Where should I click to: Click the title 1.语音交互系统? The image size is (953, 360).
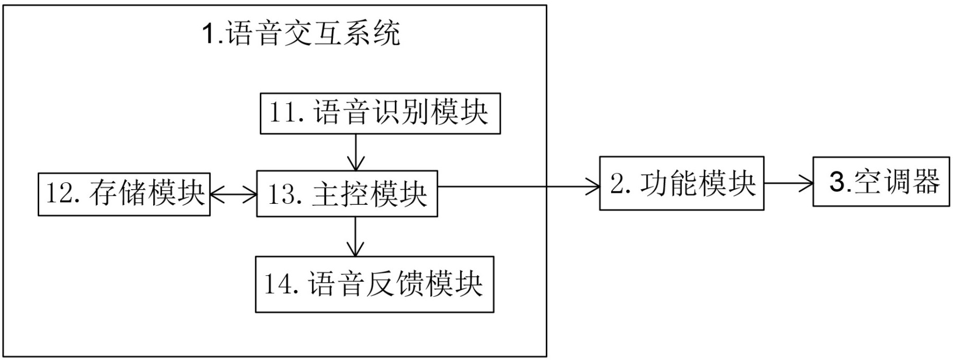tap(301, 33)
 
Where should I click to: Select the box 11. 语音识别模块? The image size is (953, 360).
tap(380, 113)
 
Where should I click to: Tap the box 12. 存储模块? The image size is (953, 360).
tap(124, 194)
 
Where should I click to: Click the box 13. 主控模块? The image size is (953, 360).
tap(347, 194)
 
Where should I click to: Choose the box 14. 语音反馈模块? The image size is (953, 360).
tap(374, 284)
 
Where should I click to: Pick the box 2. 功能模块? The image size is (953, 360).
tap(681, 183)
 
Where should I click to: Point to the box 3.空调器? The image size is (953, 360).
tap(881, 181)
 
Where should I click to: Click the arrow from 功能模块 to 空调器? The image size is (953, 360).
tap(788, 183)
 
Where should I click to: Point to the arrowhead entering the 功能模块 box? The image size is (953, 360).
tap(593, 185)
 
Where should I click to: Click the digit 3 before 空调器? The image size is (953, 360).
tap(837, 182)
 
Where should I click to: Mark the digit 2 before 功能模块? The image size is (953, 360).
tap(617, 184)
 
